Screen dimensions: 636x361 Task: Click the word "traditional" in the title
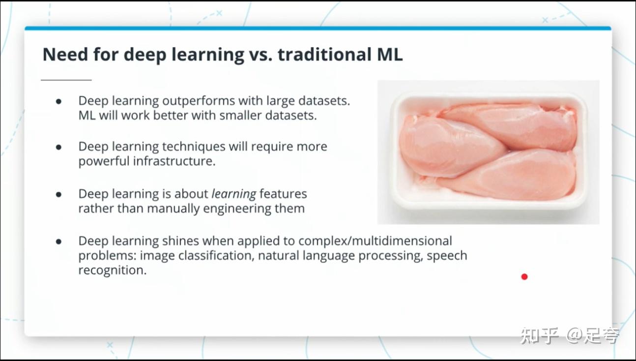[324, 54]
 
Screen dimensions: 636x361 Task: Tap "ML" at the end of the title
[390, 54]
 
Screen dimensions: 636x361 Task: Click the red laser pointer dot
[524, 276]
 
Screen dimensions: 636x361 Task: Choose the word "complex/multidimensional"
[375, 241]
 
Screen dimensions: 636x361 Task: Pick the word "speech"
[447, 256]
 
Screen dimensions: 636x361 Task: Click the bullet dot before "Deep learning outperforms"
[59, 101]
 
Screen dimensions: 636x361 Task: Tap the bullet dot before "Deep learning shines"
[59, 241]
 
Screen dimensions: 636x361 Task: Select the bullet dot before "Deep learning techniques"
[59, 147]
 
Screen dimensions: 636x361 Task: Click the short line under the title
[66, 80]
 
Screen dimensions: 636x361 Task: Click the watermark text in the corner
[569, 336]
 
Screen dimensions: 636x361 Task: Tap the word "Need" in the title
[65, 54]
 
